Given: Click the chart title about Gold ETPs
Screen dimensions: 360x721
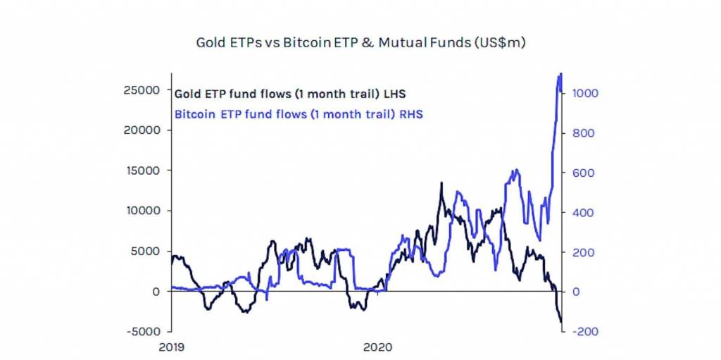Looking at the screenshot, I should [x=360, y=43].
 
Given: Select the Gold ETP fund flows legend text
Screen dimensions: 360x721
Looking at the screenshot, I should [x=289, y=93].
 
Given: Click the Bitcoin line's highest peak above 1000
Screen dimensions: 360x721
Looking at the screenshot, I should [x=560, y=74].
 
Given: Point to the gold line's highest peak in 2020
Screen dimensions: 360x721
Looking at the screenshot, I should [x=441, y=182].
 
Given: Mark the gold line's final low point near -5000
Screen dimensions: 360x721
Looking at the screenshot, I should [x=562, y=323].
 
